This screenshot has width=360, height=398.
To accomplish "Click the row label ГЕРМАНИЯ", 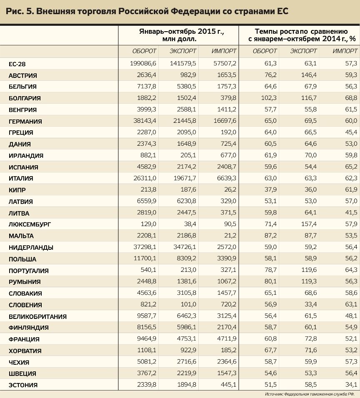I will click(x=25, y=122).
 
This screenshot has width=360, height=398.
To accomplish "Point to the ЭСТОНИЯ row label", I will click(x=23, y=385).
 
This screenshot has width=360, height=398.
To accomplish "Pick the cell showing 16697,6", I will click(x=224, y=121).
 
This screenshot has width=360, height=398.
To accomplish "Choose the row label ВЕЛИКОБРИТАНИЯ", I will click(x=37, y=316).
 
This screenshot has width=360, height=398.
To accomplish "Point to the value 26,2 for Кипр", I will click(x=230, y=190).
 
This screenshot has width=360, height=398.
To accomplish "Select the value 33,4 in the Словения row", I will click(x=310, y=305).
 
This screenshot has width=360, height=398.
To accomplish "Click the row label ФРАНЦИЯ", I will click(x=24, y=339).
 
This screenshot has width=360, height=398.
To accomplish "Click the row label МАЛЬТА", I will click(x=21, y=236).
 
